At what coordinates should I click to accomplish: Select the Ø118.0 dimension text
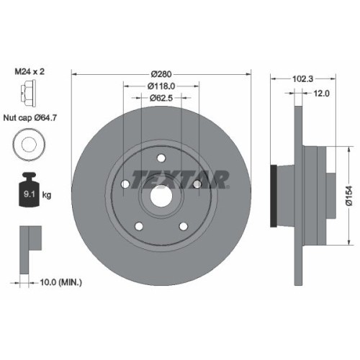coord(162,86)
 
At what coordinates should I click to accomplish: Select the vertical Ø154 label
coord(348,193)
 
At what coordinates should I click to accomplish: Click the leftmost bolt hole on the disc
coord(125,184)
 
